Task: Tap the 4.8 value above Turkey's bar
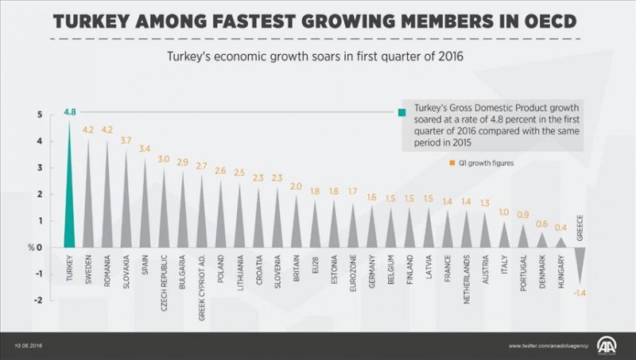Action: coord(70,113)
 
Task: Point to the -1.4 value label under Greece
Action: coord(581,294)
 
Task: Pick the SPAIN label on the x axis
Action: coord(144,266)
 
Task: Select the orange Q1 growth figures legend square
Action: coord(450,163)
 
